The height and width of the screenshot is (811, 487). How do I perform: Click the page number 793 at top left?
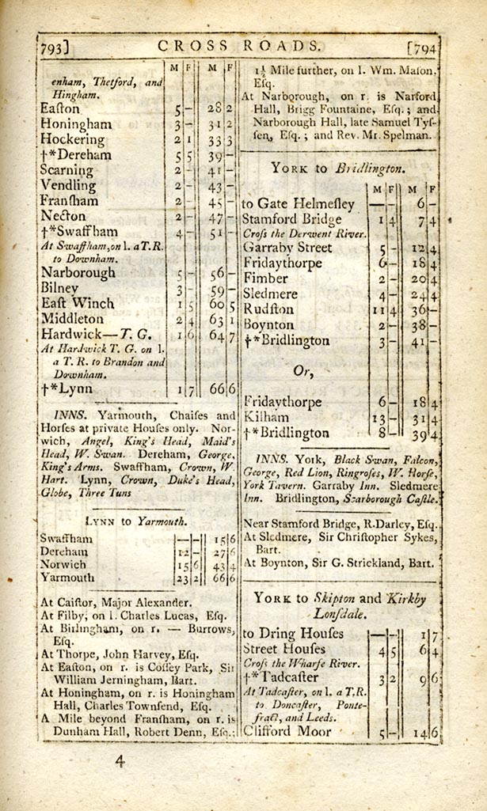coord(52,47)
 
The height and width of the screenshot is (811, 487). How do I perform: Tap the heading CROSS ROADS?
coord(240,45)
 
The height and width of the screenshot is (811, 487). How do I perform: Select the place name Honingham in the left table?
coord(76,124)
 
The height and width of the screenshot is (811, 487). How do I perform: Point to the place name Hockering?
coord(73,139)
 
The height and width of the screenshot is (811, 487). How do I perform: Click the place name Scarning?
coord(67,170)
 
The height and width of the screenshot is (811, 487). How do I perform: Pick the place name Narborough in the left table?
coord(77,273)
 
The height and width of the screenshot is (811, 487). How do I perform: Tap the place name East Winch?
coord(77,303)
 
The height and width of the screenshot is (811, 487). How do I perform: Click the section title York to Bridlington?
coord(338,168)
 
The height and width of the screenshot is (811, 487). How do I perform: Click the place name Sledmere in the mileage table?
coord(272,294)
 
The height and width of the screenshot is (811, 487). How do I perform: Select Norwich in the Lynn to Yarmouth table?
coord(63,565)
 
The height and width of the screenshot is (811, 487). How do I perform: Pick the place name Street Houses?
coord(283,649)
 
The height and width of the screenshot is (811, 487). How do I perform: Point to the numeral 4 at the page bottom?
coord(120,763)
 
